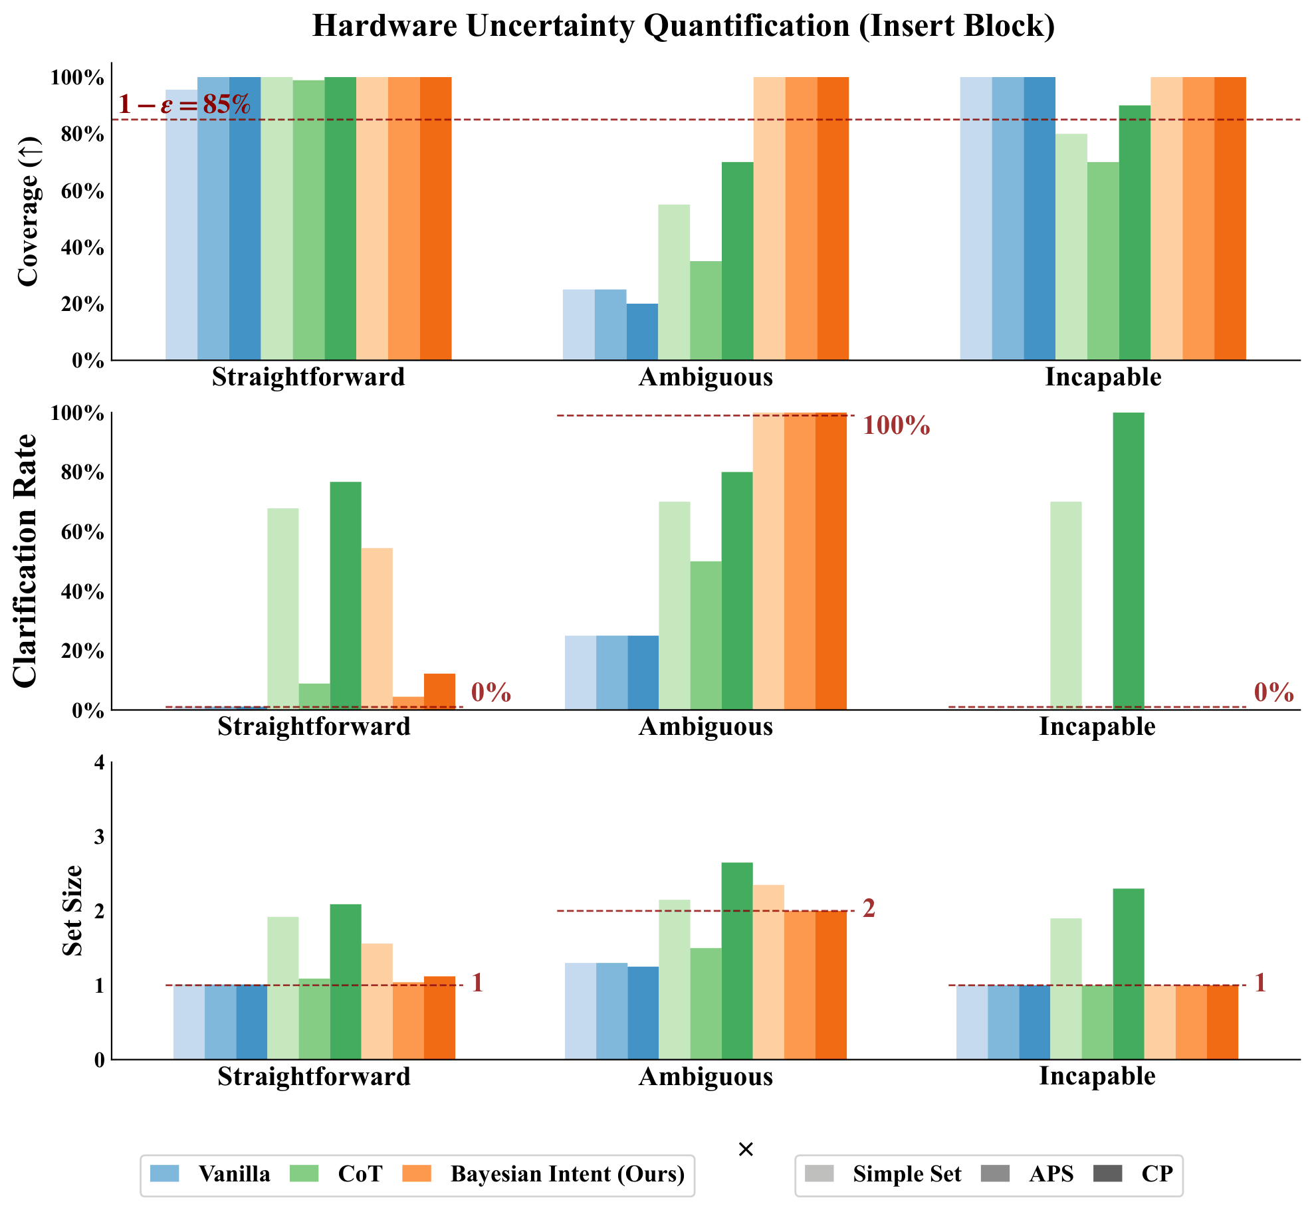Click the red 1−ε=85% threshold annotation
(x=184, y=104)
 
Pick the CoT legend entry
(x=336, y=1173)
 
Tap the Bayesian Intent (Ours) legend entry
(x=544, y=1173)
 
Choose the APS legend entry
(x=1027, y=1173)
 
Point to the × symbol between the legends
(x=746, y=1150)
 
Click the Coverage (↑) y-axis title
(x=28, y=211)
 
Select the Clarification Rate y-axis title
(x=25, y=561)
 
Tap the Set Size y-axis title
(x=72, y=910)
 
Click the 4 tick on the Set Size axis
(x=100, y=762)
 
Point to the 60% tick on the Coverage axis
(x=82, y=191)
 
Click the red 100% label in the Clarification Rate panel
(x=896, y=425)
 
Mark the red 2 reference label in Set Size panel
(x=869, y=908)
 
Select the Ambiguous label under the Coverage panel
(x=706, y=377)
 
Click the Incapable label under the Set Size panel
(x=1097, y=1076)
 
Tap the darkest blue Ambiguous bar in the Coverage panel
(x=642, y=332)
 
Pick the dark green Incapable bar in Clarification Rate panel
(x=1129, y=561)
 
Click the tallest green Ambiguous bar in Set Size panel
(x=737, y=961)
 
